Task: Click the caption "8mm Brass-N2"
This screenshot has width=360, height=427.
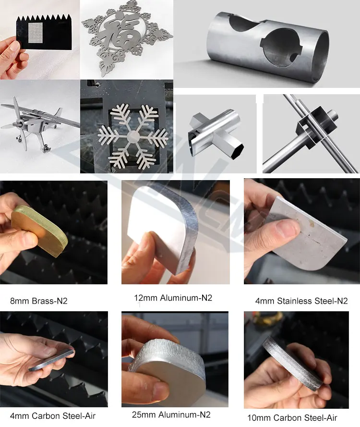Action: [x=38, y=301]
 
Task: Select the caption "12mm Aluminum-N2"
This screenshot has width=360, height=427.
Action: [x=173, y=298]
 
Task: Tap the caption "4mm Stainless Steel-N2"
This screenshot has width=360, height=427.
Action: [x=301, y=301]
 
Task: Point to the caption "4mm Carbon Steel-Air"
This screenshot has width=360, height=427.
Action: [x=53, y=416]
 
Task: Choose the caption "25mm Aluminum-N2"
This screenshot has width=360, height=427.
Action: [x=171, y=415]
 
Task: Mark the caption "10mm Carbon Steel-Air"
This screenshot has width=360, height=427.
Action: [x=292, y=417]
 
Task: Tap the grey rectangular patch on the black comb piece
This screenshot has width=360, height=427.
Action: [x=36, y=32]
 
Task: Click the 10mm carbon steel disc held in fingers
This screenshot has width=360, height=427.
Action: [x=292, y=362]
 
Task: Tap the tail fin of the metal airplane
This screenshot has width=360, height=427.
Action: [x=58, y=112]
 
